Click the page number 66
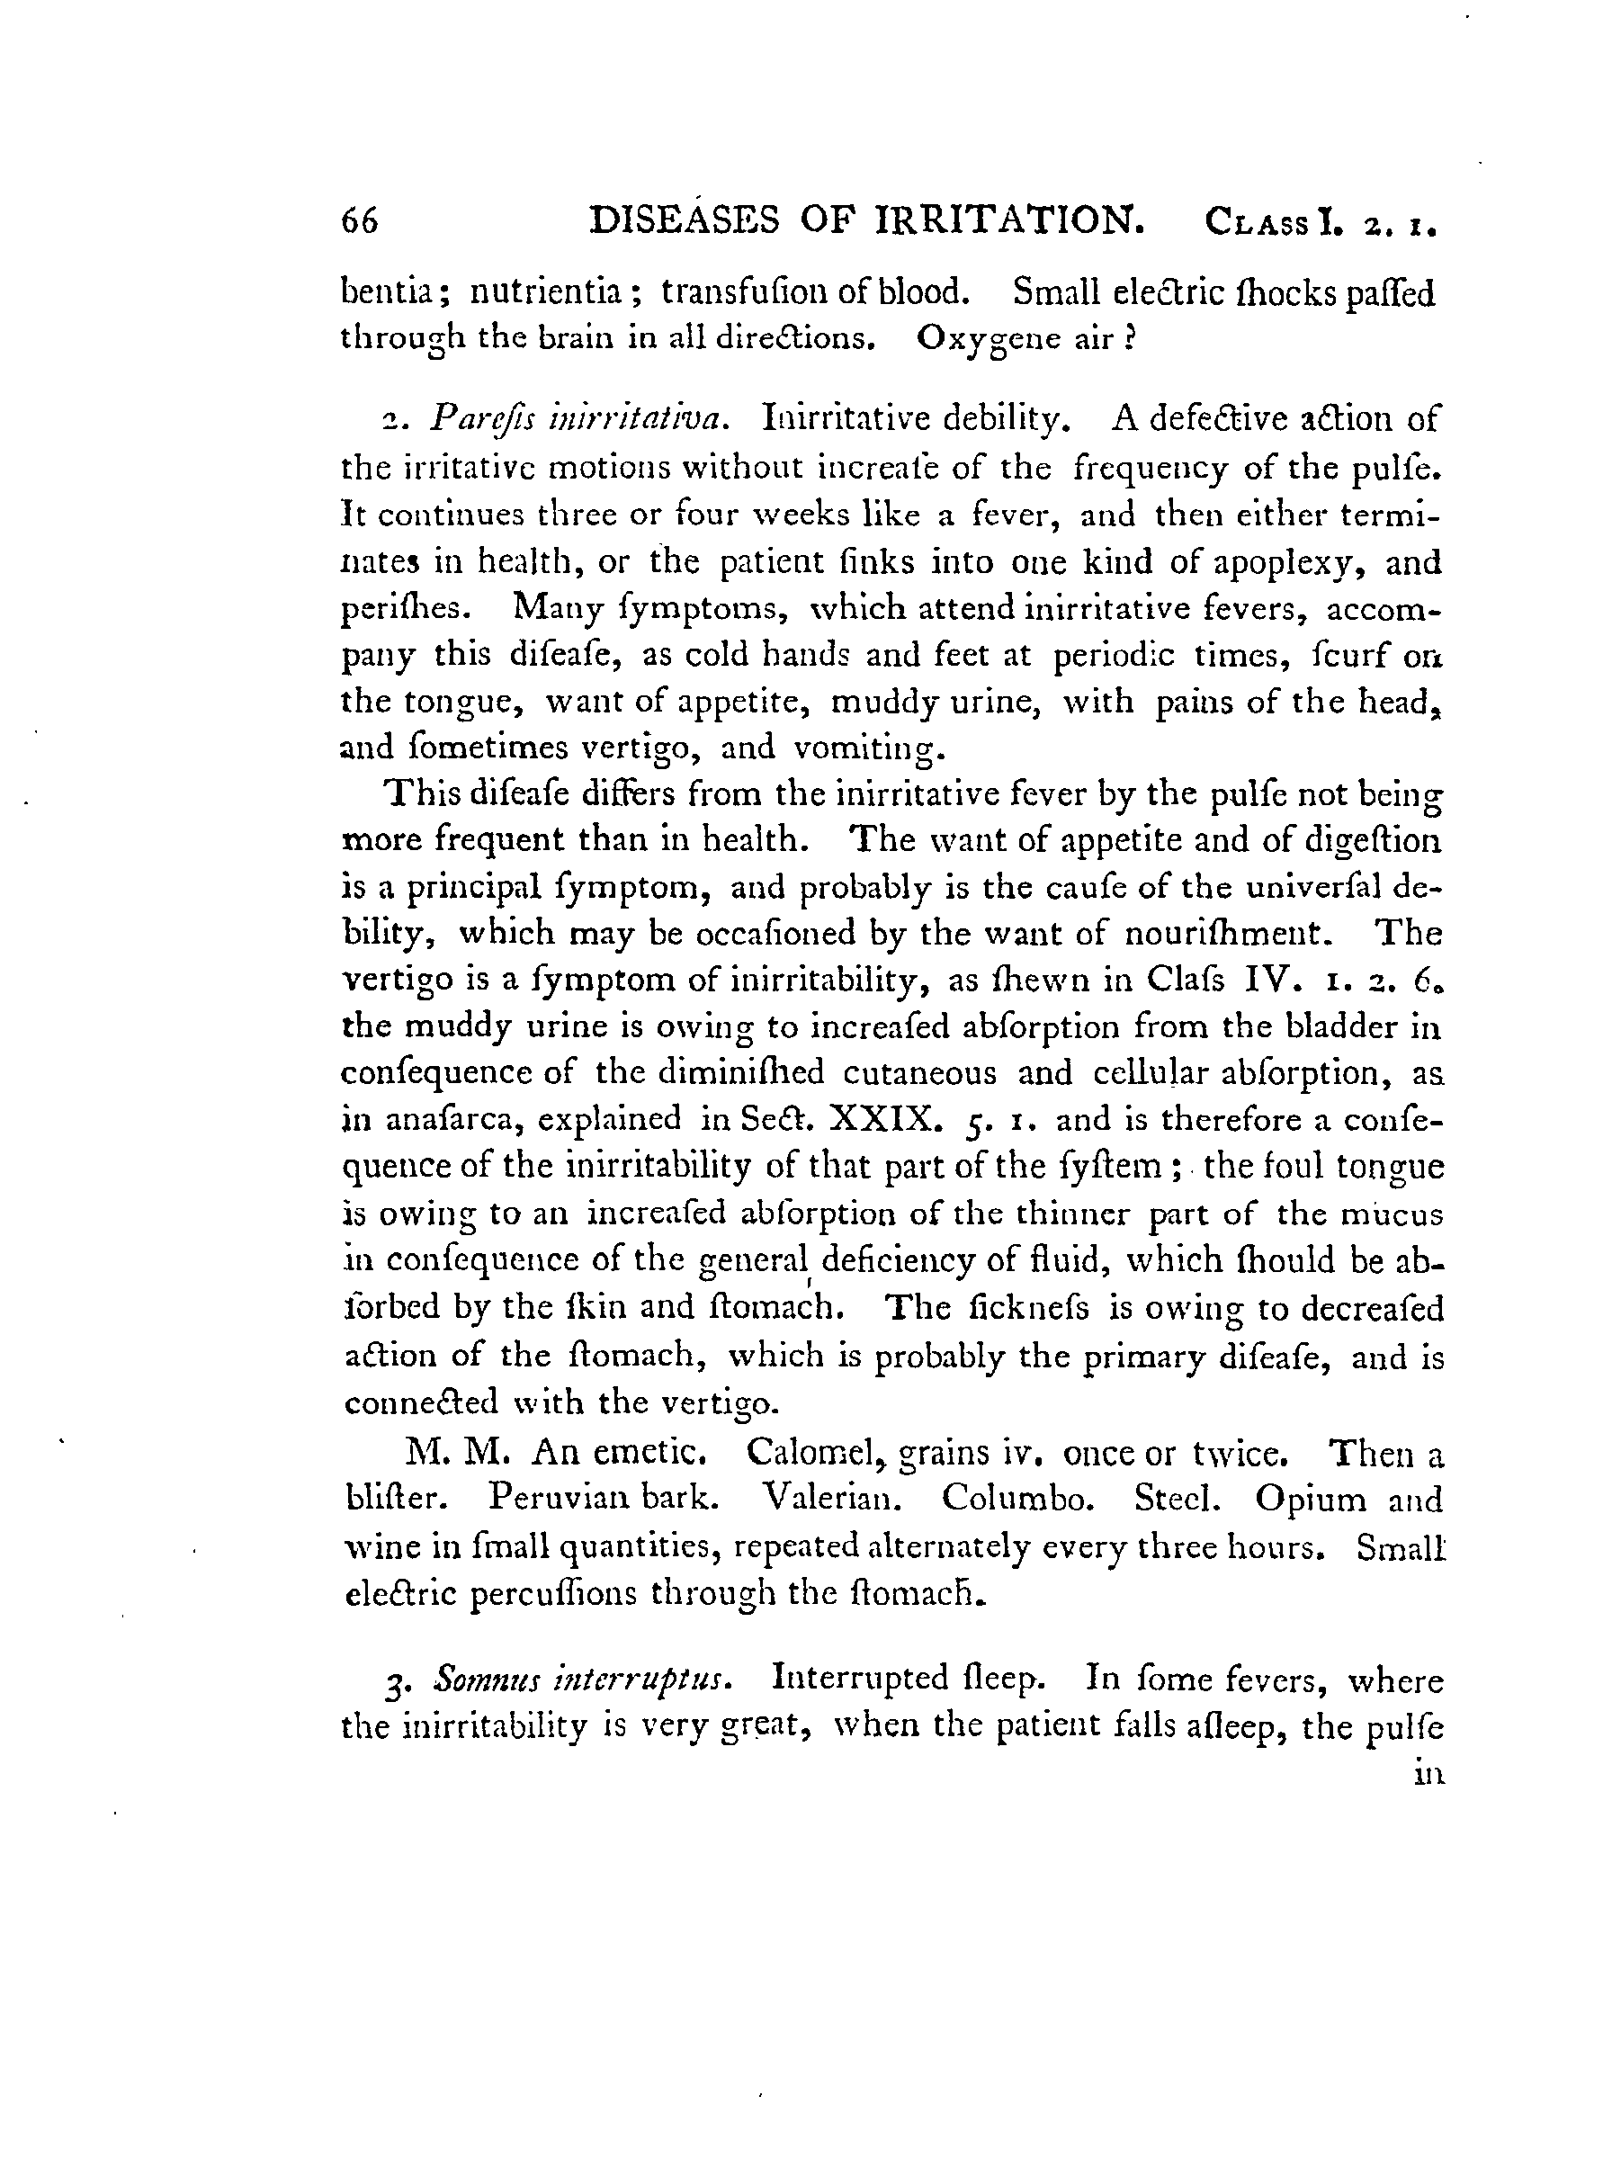pos(359,221)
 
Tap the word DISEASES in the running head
pos(684,219)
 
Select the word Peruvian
pos(556,1499)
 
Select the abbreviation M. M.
pos(457,1454)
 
